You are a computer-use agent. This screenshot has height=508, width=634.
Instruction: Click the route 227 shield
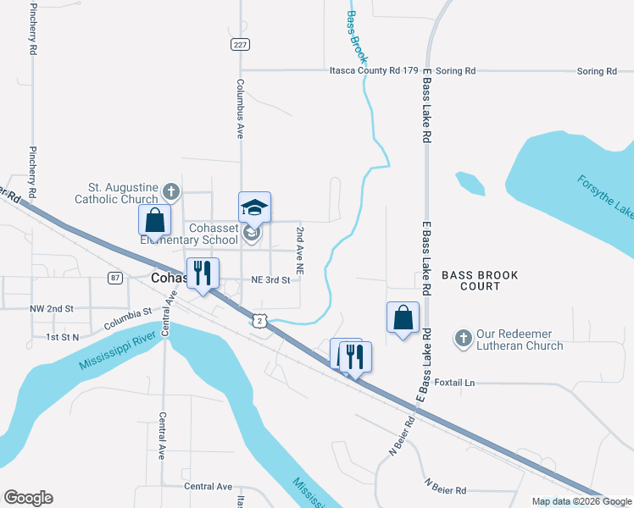[240, 45]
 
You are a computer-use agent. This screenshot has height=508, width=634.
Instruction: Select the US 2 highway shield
[259, 321]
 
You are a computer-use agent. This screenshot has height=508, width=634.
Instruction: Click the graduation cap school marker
[254, 207]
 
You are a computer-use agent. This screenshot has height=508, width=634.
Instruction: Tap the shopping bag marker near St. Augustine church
[155, 220]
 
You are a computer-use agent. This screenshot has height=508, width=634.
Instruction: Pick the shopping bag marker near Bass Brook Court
[403, 317]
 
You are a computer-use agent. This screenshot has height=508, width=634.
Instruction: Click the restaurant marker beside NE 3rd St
[203, 273]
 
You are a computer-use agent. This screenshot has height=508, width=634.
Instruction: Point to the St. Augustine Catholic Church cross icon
[170, 191]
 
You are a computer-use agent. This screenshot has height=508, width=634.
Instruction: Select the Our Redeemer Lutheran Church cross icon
[463, 338]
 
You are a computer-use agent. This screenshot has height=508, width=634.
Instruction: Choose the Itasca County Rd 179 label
[374, 71]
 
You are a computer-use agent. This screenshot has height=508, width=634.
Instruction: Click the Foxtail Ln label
[454, 383]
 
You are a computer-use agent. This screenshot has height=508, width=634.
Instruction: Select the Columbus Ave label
[241, 108]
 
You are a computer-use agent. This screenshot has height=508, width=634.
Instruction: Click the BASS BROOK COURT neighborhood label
[479, 281]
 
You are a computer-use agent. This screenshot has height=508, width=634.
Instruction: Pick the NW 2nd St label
[53, 309]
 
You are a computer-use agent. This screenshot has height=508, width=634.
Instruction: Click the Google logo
[28, 498]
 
